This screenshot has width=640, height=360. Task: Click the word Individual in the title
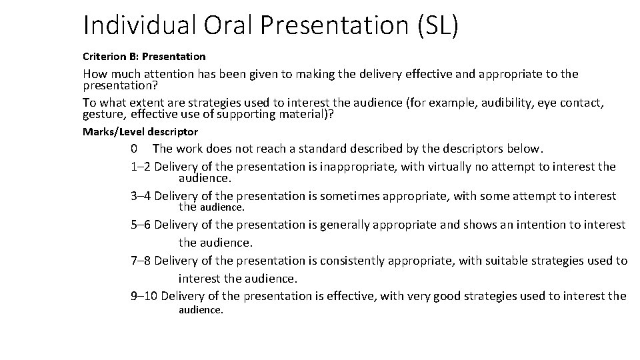tap(137, 25)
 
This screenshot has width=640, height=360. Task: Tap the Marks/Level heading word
tap(116, 132)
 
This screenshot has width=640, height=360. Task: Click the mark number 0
tap(135, 148)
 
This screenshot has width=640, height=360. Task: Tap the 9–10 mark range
tap(144, 296)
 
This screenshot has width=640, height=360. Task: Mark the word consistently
tap(355, 261)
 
